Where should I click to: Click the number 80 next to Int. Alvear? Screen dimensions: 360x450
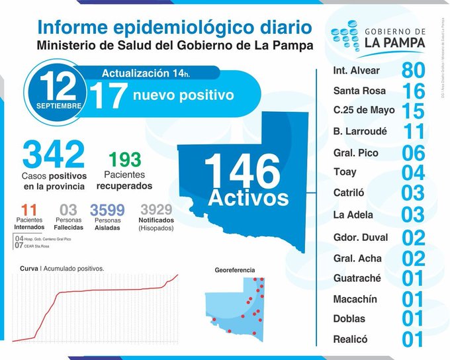click(413, 70)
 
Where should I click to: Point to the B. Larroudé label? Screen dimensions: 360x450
click(361, 131)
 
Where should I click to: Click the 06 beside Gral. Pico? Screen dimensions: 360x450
click(413, 152)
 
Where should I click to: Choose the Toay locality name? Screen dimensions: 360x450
click(345, 172)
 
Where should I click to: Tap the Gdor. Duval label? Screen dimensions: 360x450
click(361, 237)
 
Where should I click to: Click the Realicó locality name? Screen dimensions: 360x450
click(351, 339)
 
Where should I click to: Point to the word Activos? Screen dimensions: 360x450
click(249, 198)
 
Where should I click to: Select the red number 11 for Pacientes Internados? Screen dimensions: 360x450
click(28, 210)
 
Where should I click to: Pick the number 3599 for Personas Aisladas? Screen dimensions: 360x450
click(107, 210)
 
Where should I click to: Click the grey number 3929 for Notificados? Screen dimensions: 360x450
click(156, 210)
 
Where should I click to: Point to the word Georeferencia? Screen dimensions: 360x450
click(234, 271)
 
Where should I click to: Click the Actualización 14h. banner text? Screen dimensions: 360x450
click(157, 73)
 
